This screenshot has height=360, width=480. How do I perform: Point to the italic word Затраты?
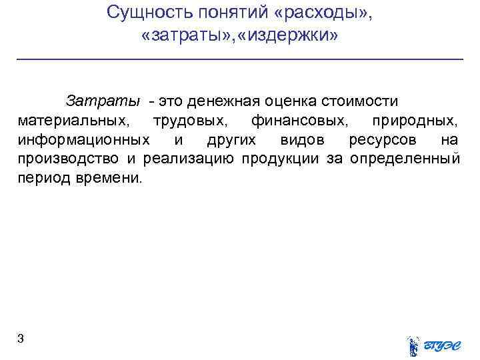pos(103,101)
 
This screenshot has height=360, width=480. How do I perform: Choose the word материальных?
pos(74,121)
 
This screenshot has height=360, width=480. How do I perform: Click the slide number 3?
pos(21,339)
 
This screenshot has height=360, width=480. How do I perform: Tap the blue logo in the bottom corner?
pos(433,344)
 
